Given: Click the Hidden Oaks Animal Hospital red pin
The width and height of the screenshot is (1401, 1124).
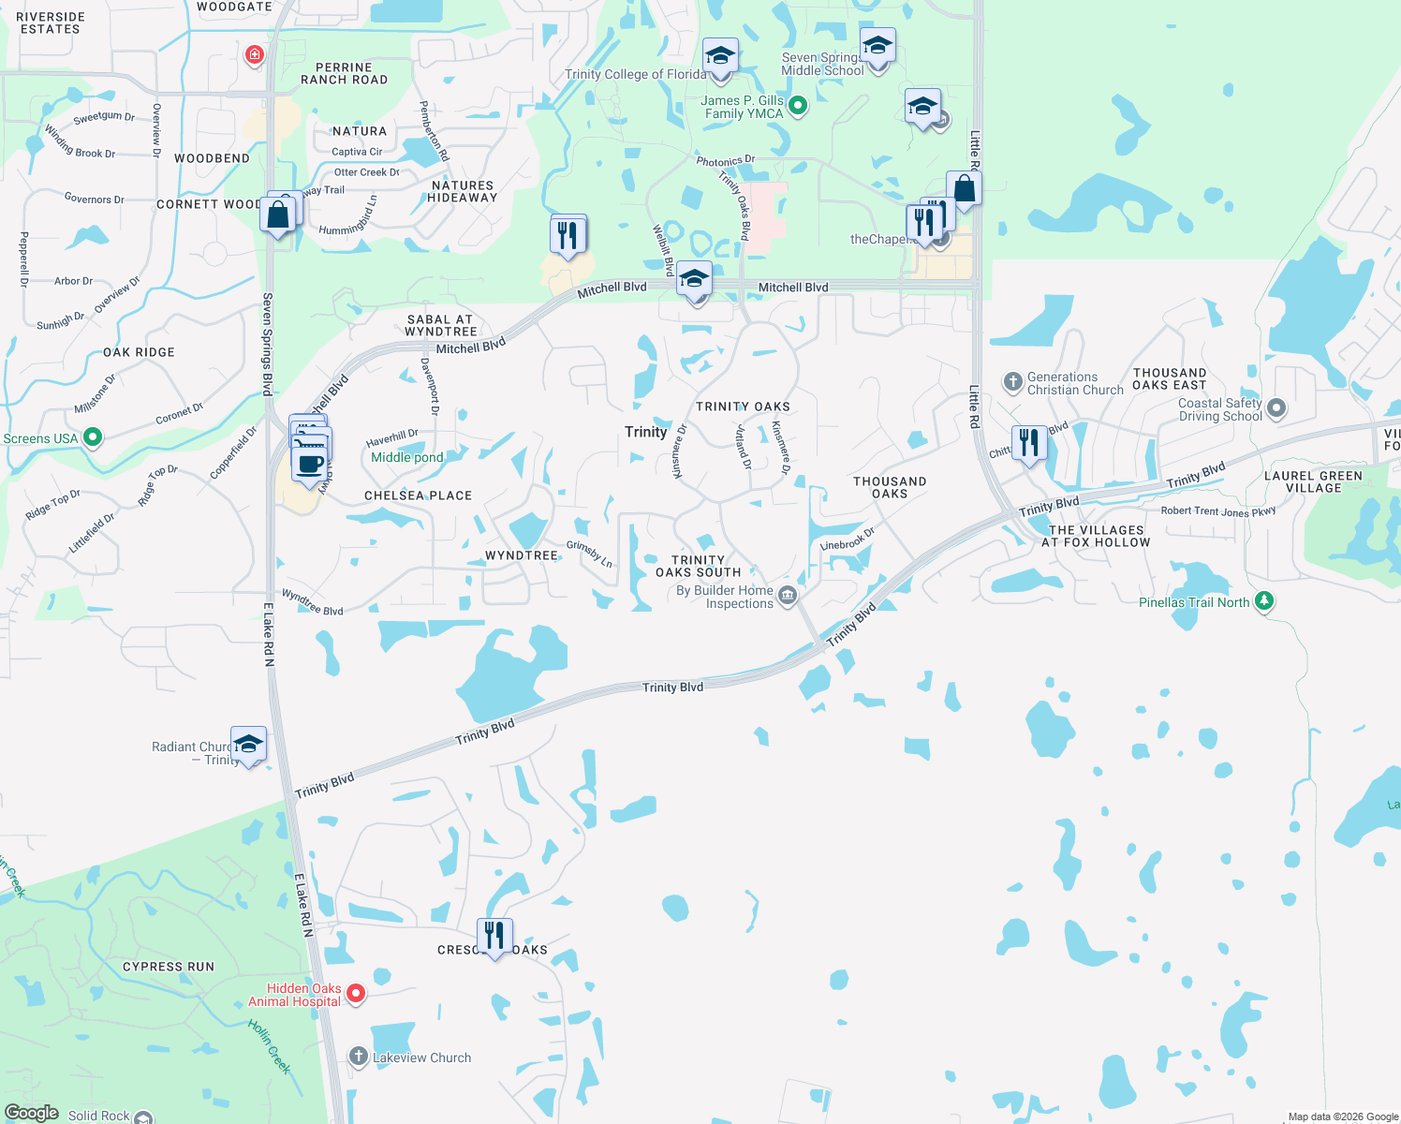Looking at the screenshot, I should coord(356,993).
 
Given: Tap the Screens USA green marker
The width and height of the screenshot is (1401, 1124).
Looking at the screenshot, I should coord(93,437).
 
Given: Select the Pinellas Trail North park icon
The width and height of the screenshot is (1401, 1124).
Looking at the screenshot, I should coord(1264,601).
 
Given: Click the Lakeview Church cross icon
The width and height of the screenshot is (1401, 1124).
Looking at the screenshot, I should coord(358,1057).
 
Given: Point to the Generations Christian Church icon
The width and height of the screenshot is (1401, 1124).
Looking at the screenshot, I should coord(1012,382).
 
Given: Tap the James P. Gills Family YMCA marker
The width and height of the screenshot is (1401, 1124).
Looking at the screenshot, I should coord(798,106).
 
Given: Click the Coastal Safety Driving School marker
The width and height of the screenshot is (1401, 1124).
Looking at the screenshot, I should coord(1276,408).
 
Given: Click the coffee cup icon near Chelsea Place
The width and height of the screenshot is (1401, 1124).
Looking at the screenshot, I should coord(309,464).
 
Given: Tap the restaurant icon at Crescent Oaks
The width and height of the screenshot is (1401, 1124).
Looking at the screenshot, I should coord(494,935).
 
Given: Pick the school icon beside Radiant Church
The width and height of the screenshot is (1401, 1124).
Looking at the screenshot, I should coord(248,745).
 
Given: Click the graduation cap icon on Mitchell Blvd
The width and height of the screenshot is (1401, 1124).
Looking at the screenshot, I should coord(694,279).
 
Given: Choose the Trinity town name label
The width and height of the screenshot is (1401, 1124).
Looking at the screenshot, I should coord(646,432).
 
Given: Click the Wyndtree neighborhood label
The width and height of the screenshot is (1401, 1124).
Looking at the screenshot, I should coord(522,555).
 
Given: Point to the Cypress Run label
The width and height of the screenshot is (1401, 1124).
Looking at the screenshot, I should coord(169,967).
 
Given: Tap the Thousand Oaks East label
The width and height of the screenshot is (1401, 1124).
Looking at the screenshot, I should coord(1170,378).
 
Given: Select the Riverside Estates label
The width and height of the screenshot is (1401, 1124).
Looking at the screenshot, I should coord(51,22).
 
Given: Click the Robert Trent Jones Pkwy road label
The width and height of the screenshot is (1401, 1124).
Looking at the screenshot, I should coord(1218,511).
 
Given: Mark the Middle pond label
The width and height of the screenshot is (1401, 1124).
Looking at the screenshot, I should coord(407,457).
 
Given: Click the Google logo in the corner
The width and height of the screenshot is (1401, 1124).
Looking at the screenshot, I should coord(32,1113).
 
